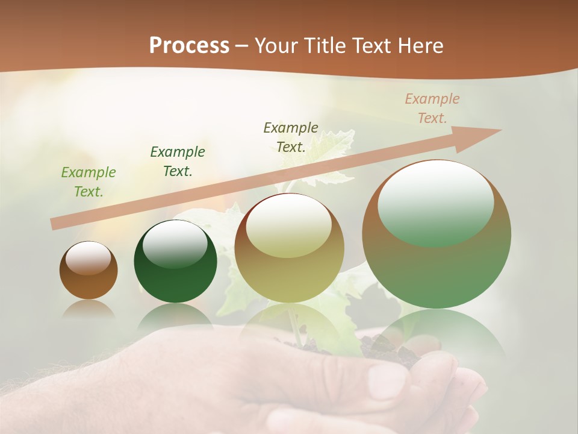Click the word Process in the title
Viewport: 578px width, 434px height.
click(189, 46)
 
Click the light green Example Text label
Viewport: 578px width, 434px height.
click(88, 182)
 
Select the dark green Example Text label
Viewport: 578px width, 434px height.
click(178, 162)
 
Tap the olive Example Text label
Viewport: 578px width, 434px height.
click(291, 137)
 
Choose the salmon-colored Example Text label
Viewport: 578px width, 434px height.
click(432, 108)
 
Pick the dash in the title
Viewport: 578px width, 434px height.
click(242, 46)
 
